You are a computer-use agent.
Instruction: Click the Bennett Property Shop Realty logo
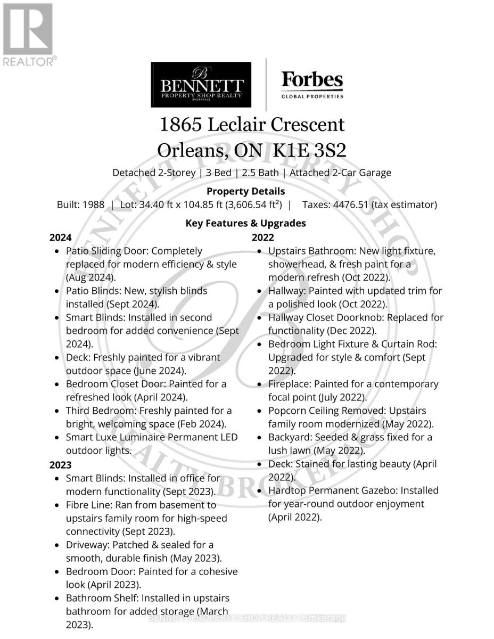point(201,85)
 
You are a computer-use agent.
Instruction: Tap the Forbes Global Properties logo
point(312,85)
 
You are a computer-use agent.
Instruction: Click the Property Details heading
point(245,191)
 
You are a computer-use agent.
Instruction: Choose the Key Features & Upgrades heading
point(245,223)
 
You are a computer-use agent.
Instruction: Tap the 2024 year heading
point(61,237)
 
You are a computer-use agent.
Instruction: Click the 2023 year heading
point(61,465)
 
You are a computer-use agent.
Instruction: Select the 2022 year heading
point(263,237)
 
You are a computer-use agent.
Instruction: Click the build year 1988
point(94,204)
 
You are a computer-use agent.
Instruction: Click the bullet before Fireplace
point(259,384)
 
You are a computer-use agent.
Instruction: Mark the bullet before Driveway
point(56,545)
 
